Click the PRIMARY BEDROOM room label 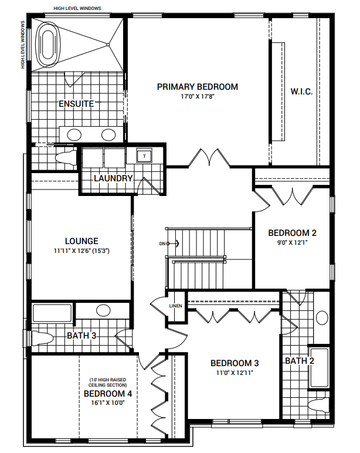tap(197, 87)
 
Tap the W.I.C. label tap(301, 92)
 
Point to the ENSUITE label tap(76, 104)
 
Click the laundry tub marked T tap(144, 155)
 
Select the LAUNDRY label tap(113, 178)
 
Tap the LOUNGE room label tap(81, 241)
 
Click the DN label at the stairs tap(162, 243)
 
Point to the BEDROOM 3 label tap(235, 362)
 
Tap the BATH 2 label tap(299, 360)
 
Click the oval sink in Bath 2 tap(322, 318)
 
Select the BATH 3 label tap(81, 336)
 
